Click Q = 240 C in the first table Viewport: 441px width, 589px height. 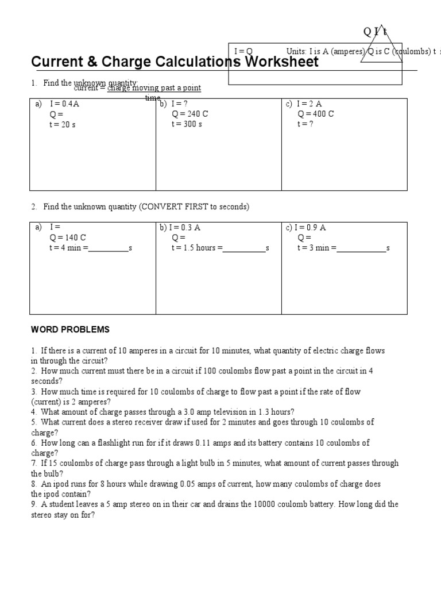189,114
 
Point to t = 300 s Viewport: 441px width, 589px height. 187,124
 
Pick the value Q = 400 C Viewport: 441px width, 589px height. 315,114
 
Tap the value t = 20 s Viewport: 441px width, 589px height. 63,124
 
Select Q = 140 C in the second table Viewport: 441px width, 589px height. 68,238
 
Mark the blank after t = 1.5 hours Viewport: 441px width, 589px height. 244,248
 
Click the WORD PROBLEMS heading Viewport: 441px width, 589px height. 70,330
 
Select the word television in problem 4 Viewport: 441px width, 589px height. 229,412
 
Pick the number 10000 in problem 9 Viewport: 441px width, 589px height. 266,504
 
